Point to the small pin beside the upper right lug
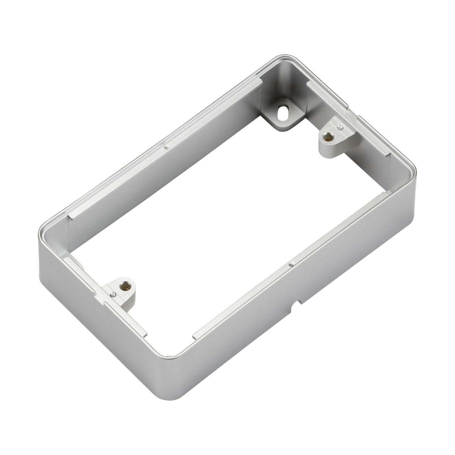pos(341,127)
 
